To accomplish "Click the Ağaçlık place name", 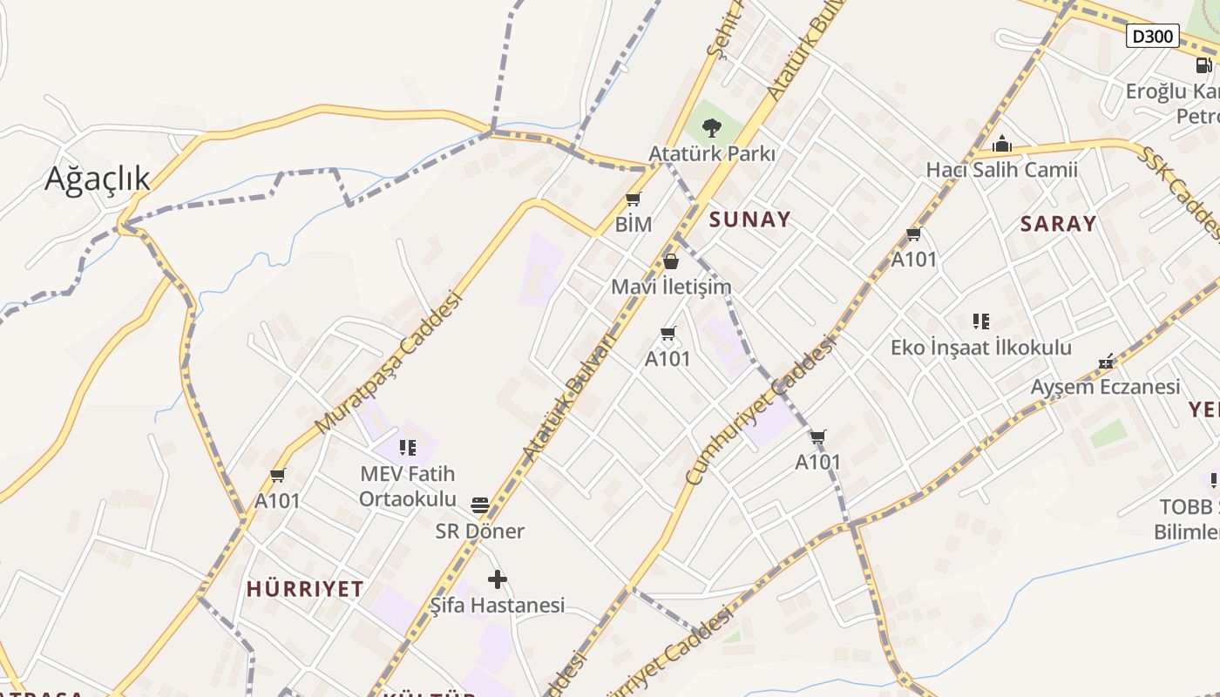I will [97, 179].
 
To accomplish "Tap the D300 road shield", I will [1153, 37].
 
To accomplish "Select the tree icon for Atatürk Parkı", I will [712, 128].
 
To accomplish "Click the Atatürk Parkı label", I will [712, 153].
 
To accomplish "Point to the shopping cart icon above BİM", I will [634, 200].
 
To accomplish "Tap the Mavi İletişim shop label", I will [671, 287].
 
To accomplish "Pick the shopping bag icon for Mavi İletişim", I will [671, 261].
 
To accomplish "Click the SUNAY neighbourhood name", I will [749, 220].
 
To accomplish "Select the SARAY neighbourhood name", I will [1058, 224].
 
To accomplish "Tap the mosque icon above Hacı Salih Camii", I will [1002, 144].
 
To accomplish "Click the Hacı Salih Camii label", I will [1002, 170].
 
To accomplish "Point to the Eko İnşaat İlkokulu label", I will [981, 348].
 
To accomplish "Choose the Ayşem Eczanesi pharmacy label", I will [1105, 387].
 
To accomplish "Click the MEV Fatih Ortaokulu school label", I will [407, 486].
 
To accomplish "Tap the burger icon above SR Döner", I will [479, 505].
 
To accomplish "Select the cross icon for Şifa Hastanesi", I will [498, 579].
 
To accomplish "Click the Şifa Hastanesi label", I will [498, 605].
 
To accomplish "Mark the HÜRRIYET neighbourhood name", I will [305, 589].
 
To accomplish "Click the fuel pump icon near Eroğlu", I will [1203, 65].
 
